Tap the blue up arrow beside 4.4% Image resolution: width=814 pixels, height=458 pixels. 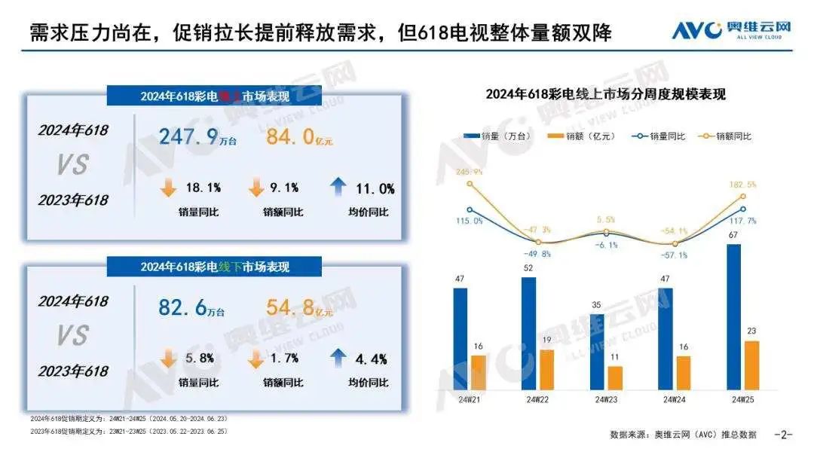click(338, 357)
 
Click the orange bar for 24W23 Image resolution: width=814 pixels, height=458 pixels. click(614, 377)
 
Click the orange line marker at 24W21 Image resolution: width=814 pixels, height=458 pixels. click(470, 184)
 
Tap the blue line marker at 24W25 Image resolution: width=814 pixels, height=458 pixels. click(742, 209)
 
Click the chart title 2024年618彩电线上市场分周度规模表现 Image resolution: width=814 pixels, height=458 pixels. click(604, 95)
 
